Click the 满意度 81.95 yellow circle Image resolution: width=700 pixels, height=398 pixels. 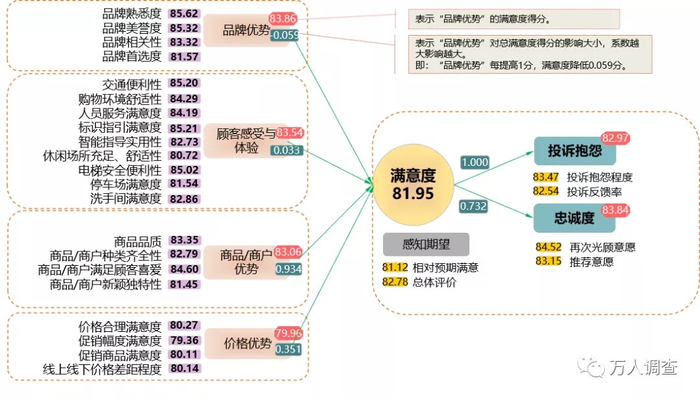(413, 184)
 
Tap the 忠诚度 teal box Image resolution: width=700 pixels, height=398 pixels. (574, 218)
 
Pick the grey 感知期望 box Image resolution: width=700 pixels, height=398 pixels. (426, 244)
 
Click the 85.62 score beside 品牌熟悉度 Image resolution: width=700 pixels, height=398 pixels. (184, 13)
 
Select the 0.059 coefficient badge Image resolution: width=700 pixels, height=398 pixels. (285, 35)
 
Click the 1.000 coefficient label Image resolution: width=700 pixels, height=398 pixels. (474, 162)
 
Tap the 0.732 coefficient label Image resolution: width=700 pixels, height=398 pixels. (473, 206)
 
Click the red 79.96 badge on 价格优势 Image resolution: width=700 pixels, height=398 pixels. (288, 333)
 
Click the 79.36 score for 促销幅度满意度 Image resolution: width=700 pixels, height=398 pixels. (184, 340)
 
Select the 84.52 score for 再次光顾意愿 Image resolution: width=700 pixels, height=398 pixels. (548, 247)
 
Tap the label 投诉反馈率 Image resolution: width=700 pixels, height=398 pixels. (590, 191)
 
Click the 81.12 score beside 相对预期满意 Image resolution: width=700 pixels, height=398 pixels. (395, 267)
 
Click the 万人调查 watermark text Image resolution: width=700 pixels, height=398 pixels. (643, 368)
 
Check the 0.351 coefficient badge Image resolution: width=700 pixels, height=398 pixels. (288, 349)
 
